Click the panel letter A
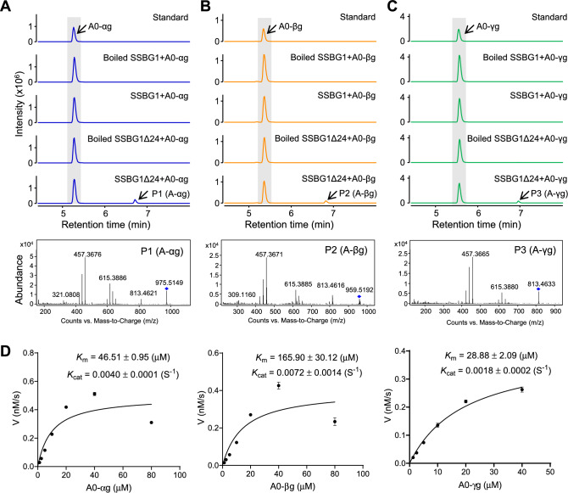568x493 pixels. [7, 7]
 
